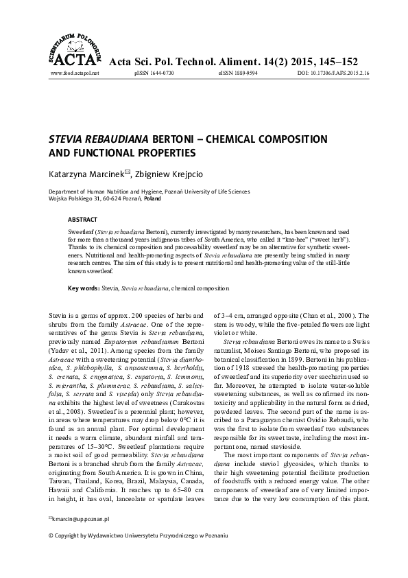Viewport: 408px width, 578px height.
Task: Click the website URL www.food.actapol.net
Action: coord(75,72)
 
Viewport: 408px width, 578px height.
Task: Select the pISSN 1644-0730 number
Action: coord(155,72)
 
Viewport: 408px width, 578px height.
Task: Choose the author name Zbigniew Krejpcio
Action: coord(173,175)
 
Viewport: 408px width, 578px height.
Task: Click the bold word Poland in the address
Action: coord(152,198)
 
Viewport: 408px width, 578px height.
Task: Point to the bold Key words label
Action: coord(84,289)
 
